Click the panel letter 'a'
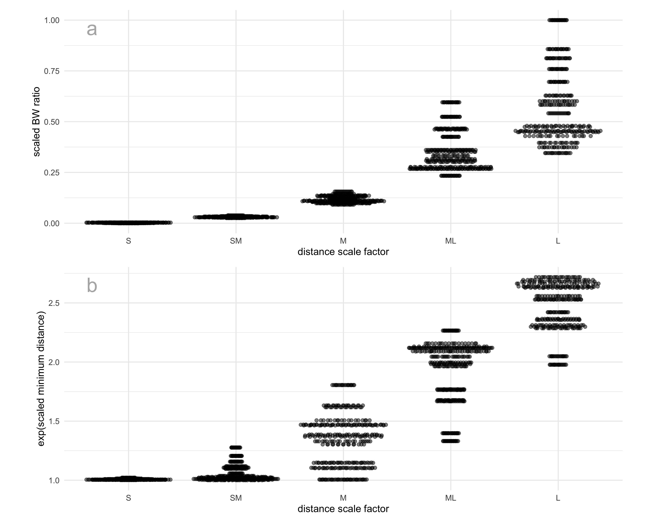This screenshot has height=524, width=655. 92,30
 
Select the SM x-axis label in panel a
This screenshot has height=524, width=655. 236,241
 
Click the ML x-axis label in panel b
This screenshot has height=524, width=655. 450,498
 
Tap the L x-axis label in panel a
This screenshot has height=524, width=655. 558,241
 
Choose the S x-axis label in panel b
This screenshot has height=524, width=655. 128,498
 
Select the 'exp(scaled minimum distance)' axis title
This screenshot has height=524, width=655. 41,379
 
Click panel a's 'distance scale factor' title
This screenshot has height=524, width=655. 343,252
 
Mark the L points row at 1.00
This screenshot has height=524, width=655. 558,20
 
